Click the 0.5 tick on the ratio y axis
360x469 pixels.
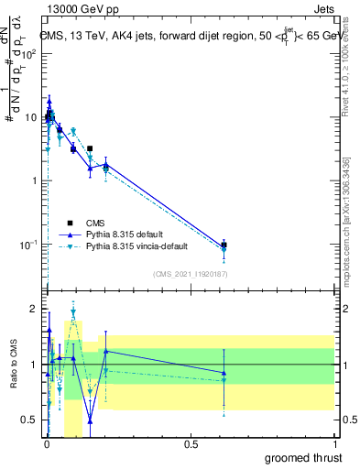(x=31, y=421)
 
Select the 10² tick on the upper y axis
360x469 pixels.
(x=29, y=54)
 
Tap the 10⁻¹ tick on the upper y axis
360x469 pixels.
(x=29, y=245)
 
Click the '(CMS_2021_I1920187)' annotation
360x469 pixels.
(x=190, y=274)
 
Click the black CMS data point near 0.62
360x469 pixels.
(x=224, y=245)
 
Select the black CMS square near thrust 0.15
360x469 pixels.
(x=90, y=148)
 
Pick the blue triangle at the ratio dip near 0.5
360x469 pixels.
(x=90, y=421)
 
